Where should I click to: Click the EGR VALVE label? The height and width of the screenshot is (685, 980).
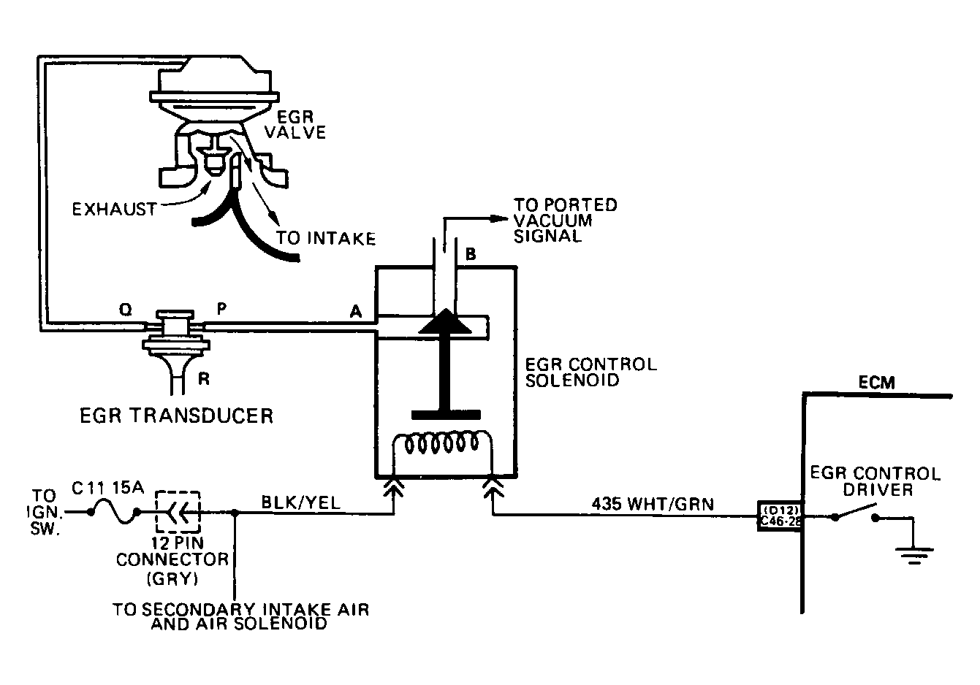(x=296, y=125)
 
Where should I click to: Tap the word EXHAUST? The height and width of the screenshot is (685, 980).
(x=114, y=210)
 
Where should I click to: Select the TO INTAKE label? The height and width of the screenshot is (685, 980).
(x=326, y=238)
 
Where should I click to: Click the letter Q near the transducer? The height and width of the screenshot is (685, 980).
(x=126, y=310)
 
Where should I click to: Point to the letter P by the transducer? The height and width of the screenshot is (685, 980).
(x=222, y=309)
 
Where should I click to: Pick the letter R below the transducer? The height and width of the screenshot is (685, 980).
(x=204, y=378)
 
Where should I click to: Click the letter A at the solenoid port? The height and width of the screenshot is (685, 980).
(x=356, y=311)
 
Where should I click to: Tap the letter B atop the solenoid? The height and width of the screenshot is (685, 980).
(x=471, y=254)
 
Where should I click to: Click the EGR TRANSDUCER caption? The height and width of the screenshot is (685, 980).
(x=177, y=416)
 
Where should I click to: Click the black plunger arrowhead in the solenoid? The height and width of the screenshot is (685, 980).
(x=445, y=321)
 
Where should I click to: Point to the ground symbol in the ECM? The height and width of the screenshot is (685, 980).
(x=914, y=556)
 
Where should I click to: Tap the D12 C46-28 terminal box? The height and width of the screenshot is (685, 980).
(x=780, y=516)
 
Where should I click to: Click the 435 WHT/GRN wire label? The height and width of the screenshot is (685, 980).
(x=653, y=504)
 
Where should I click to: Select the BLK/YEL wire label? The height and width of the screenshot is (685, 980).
(x=301, y=502)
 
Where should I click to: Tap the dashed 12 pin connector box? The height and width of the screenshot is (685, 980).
(x=178, y=511)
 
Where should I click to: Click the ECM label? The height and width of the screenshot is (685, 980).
(x=877, y=383)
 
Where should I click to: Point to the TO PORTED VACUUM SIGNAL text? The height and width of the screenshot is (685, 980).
(x=565, y=221)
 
